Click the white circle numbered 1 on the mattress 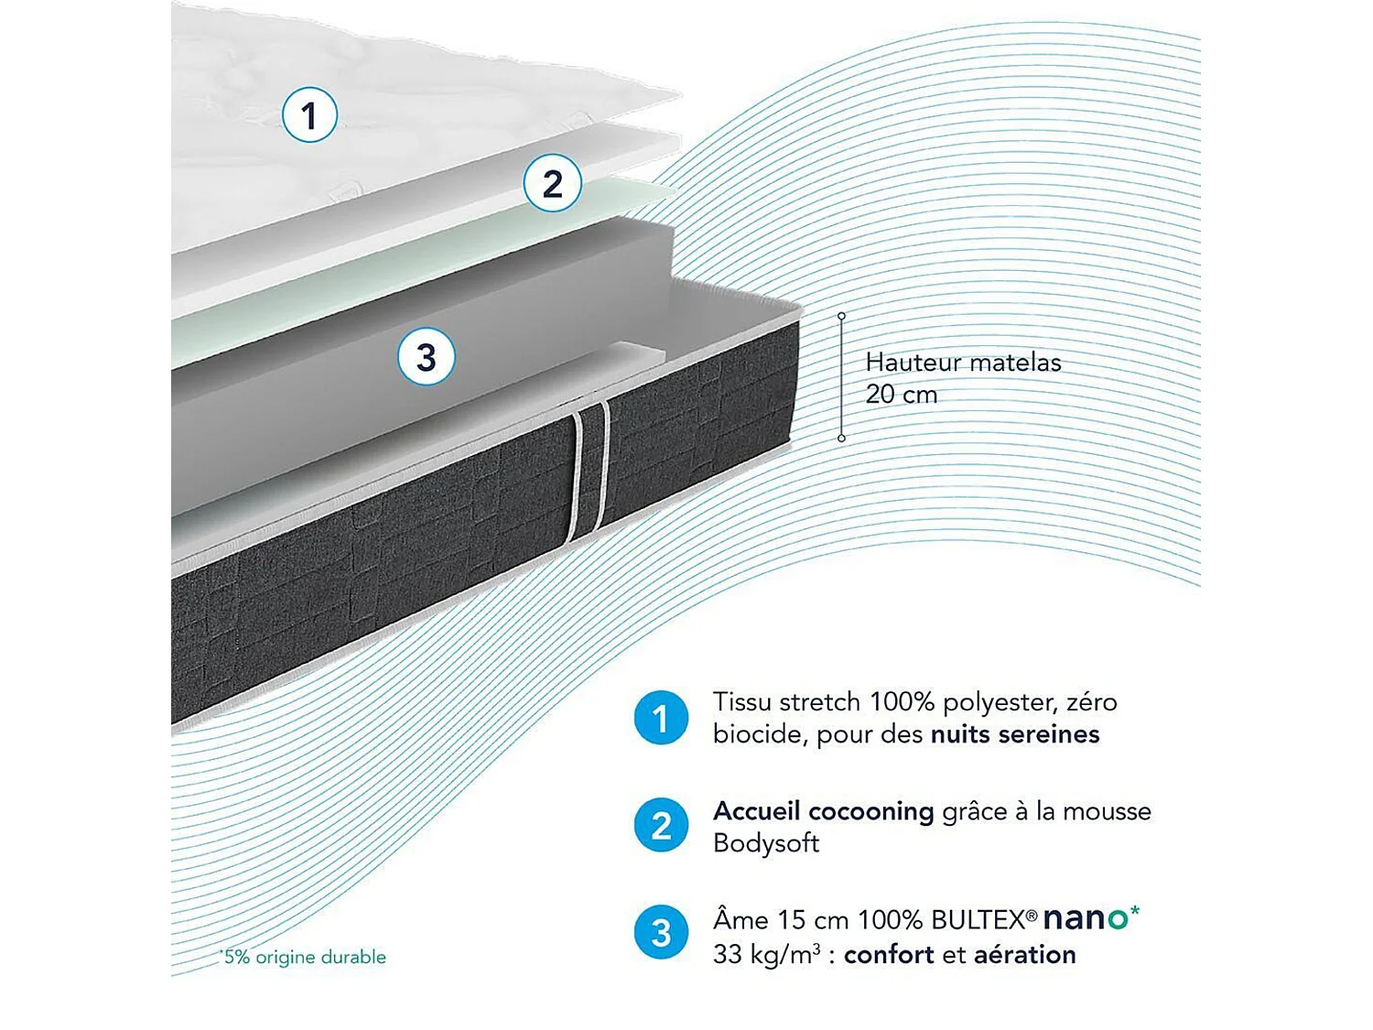click(x=309, y=115)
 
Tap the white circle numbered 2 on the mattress click(x=552, y=184)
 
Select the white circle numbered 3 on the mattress click(x=427, y=357)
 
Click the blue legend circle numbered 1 click(x=661, y=718)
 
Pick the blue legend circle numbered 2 click(x=661, y=826)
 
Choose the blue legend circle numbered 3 click(x=661, y=933)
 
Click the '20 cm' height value click(x=902, y=395)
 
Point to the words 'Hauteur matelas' click(x=963, y=363)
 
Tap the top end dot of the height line click(x=841, y=316)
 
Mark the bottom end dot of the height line click(x=841, y=439)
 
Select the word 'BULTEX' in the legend click(x=978, y=920)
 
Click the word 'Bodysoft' click(x=765, y=843)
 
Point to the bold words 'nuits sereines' click(x=1015, y=734)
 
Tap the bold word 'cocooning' click(x=870, y=811)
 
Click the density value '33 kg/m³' click(x=766, y=954)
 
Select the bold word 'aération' click(x=1024, y=954)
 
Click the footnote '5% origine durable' click(x=304, y=957)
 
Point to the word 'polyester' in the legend click(x=1000, y=703)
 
